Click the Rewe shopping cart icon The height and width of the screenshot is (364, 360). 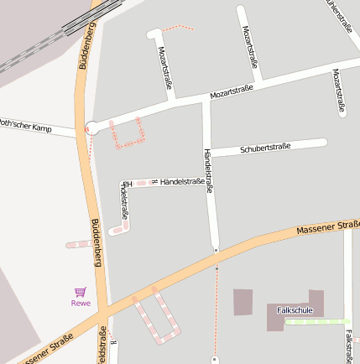[81, 292]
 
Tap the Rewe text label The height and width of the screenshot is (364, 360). [81, 304]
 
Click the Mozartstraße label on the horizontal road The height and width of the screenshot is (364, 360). [232, 91]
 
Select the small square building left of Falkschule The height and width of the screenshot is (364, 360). [243, 302]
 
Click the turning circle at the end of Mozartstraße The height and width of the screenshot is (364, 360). [91, 128]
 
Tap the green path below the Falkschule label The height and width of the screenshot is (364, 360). [316, 320]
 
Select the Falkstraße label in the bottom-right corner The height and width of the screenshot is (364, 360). [348, 346]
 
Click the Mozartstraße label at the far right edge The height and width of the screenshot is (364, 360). [339, 91]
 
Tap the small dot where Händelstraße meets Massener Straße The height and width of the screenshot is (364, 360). [216, 250]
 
